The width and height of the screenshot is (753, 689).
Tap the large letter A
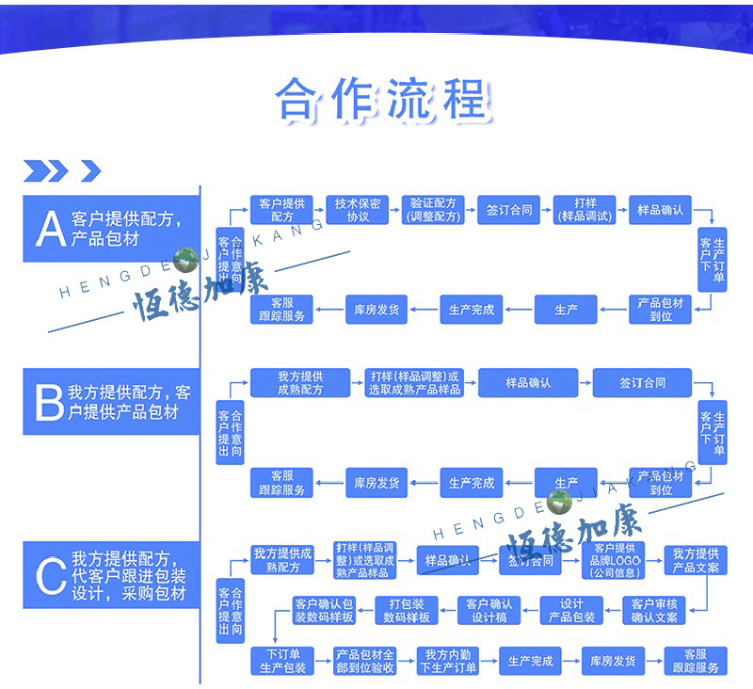(x=49, y=229)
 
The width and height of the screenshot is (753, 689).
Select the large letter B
(x=48, y=402)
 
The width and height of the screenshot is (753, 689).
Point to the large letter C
(x=50, y=575)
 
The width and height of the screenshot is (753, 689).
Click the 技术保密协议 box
(x=358, y=210)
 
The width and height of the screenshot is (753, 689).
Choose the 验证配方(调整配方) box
(x=433, y=210)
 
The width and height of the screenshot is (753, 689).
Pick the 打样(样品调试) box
(x=585, y=210)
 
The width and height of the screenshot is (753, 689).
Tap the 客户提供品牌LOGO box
(x=615, y=560)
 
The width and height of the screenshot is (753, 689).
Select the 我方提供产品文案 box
(x=696, y=560)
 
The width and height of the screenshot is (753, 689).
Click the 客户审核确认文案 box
(x=654, y=610)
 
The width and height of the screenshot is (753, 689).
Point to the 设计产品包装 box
(x=571, y=610)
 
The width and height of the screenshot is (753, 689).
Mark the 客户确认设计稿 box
(x=489, y=610)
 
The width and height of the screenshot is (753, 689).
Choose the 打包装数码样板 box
(x=407, y=610)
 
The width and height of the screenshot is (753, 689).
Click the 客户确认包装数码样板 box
(x=324, y=610)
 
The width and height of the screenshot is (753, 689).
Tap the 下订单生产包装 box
(x=282, y=661)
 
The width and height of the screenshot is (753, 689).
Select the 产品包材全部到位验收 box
(x=365, y=661)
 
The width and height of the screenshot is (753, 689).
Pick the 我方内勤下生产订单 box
(x=447, y=661)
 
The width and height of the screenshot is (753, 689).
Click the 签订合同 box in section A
(x=509, y=210)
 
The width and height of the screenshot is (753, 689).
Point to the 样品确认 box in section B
(x=528, y=383)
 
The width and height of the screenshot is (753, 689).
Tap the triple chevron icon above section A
(x=46, y=170)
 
